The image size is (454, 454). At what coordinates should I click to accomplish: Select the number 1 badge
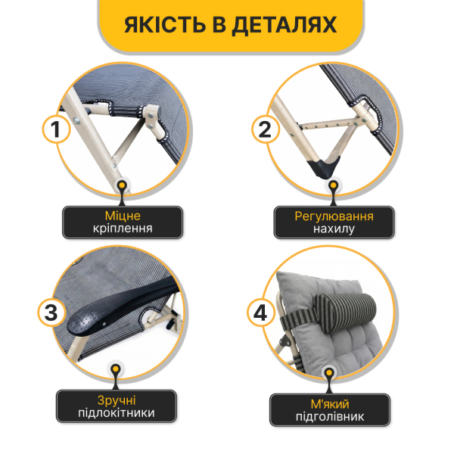tap(54, 129)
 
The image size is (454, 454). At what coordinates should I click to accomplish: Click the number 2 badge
tap(263, 129)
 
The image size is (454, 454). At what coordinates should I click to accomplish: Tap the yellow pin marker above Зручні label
tap(116, 370)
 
